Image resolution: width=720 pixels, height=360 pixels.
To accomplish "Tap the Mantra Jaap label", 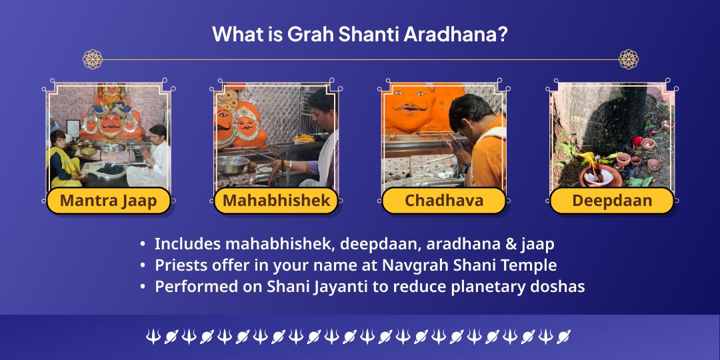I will point(108,201).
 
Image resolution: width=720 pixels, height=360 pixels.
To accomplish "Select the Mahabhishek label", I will point(276,201).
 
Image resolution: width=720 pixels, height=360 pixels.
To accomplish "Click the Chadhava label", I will point(444,201).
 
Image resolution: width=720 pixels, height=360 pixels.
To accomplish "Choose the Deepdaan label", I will point(612,201).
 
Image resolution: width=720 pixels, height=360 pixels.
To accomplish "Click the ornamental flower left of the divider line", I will point(93,59).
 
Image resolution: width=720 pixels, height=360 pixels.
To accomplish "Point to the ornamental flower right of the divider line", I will point(628,59).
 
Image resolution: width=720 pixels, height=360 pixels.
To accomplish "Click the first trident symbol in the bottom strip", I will point(153,337).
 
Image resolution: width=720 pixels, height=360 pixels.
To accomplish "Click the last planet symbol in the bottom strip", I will point(564,337).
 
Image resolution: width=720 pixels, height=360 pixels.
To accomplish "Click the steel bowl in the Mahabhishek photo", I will point(233,163).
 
